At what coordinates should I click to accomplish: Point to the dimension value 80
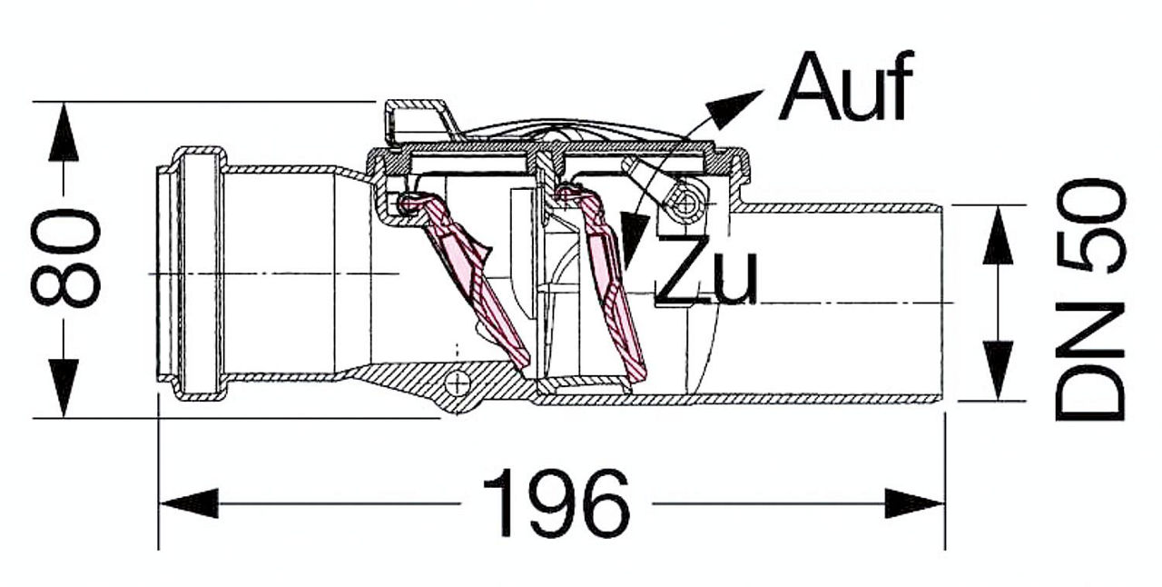(65, 258)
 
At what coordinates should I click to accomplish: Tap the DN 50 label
(1089, 300)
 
